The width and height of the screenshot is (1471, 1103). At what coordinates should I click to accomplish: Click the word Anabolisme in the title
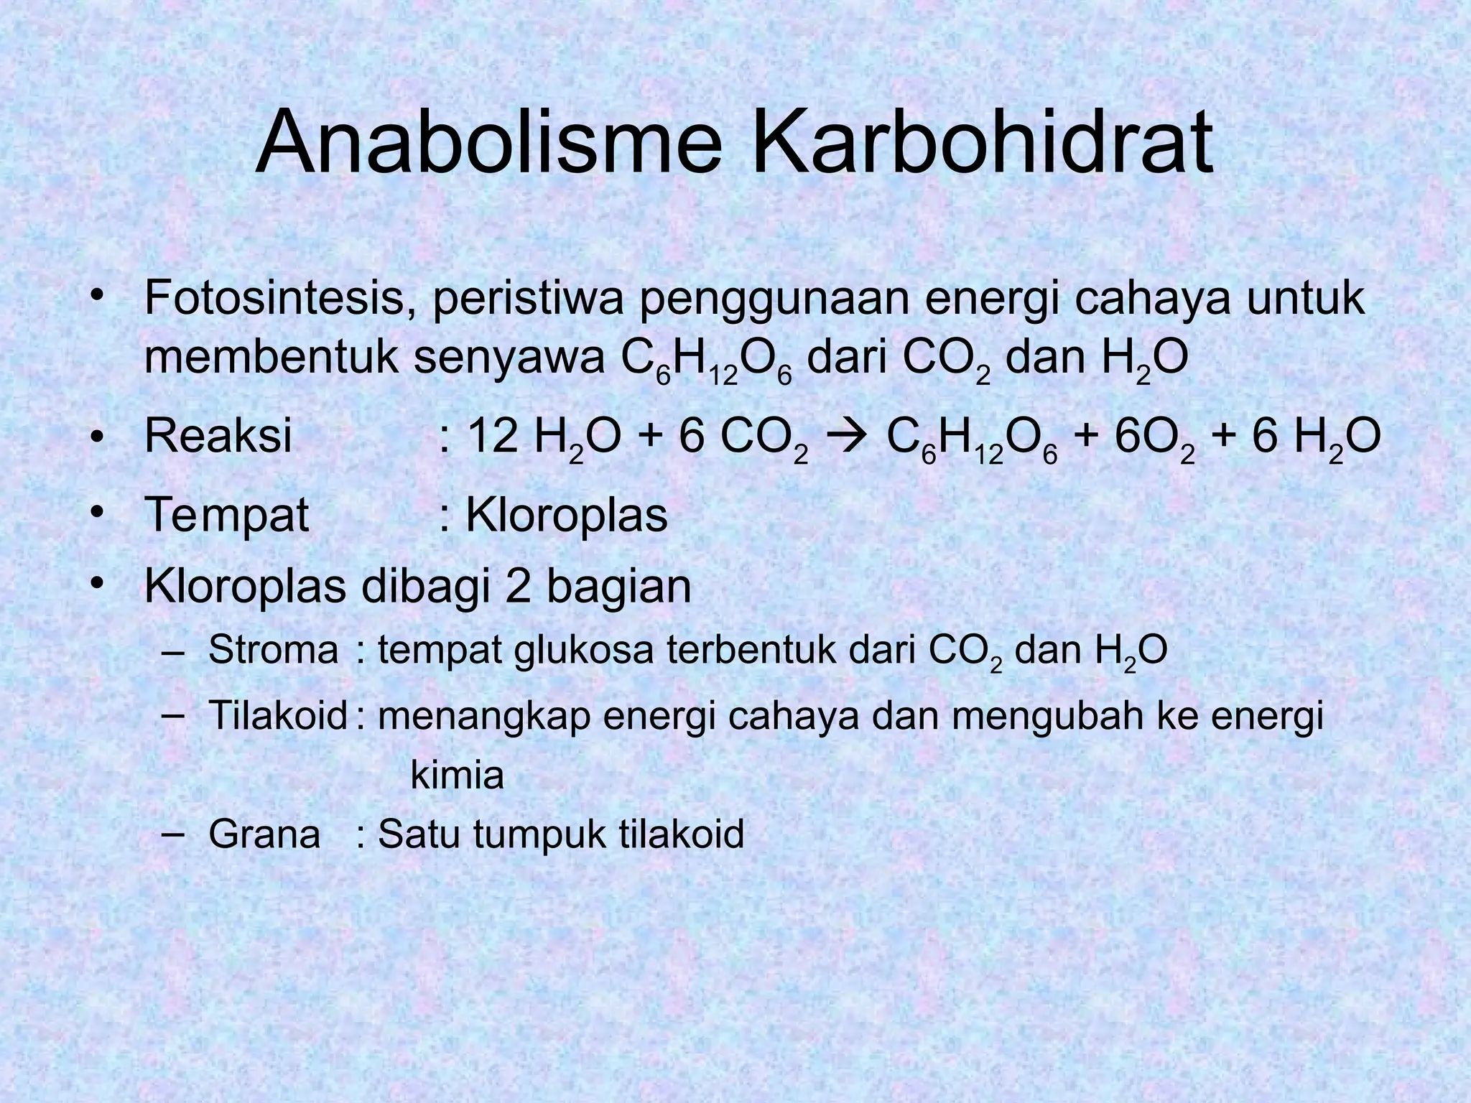pyautogui.click(x=489, y=143)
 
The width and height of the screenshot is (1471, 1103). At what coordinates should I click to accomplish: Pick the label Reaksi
pyautogui.click(x=218, y=436)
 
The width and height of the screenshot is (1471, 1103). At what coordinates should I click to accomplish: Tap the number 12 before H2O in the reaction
pyautogui.click(x=493, y=436)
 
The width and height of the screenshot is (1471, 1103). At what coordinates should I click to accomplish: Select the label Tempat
pyautogui.click(x=226, y=516)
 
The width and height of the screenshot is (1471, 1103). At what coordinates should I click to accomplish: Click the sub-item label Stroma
pyautogui.click(x=273, y=650)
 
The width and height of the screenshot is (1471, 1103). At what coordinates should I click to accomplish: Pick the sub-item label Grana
pyautogui.click(x=264, y=834)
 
